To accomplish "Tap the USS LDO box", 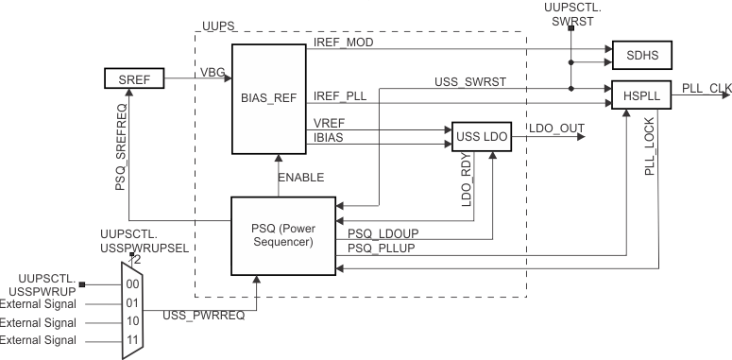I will coord(483,137).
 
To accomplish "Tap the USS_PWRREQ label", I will coord(204,315).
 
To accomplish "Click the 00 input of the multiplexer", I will coord(132,283).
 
